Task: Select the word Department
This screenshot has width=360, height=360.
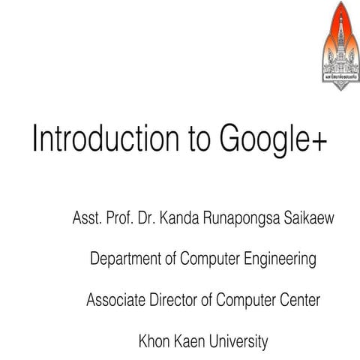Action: click(125, 260)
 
